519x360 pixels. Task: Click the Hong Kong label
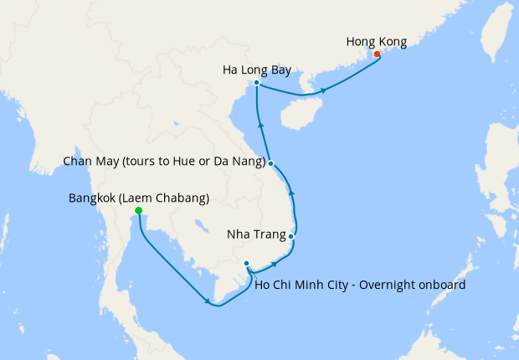coord(376,40)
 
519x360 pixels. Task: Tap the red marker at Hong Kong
coord(377,54)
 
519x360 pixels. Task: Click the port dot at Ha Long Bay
coord(256,83)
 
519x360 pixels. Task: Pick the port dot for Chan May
coord(271,163)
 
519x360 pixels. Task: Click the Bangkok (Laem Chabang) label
coord(138,198)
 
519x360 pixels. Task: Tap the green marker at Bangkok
coord(138,211)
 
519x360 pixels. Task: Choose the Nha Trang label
coord(255,235)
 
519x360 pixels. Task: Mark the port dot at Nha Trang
coord(290,237)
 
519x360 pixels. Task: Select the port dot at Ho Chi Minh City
coord(247,264)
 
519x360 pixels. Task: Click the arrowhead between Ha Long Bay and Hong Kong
coord(324,90)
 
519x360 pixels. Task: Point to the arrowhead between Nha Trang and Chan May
coord(291,193)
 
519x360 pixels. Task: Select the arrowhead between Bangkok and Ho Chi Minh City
coord(208,302)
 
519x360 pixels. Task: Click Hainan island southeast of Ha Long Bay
coord(301,114)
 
